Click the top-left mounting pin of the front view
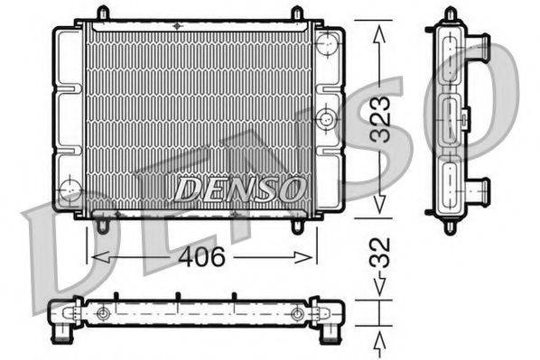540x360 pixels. click(102, 13)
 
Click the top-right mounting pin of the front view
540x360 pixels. click(296, 13)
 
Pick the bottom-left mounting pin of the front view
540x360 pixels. click(104, 226)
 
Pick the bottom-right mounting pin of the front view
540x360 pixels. click(297, 226)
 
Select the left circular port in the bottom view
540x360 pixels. click(103, 313)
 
